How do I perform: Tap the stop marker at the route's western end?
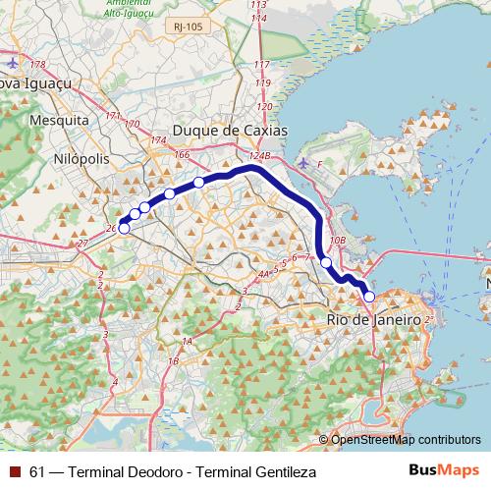point(124,229)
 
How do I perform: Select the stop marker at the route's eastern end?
point(369,296)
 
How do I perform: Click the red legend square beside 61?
point(14,472)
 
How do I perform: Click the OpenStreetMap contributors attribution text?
point(405,440)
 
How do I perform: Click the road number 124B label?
point(259,156)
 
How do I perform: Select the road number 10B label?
point(338,240)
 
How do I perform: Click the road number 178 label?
point(38,65)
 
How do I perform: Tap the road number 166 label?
point(181,155)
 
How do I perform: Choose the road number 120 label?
point(263,107)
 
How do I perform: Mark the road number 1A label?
point(186,342)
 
